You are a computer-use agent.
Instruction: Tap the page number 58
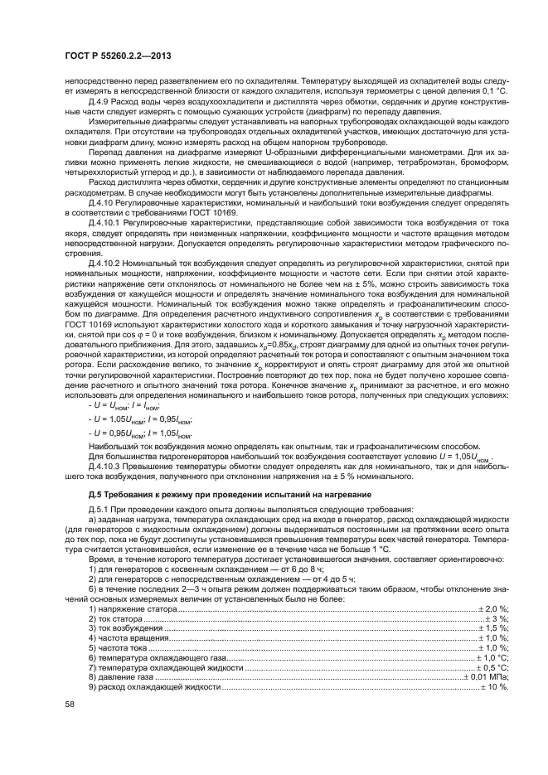[x=69, y=705]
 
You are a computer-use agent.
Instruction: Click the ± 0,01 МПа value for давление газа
[x=486, y=677]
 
